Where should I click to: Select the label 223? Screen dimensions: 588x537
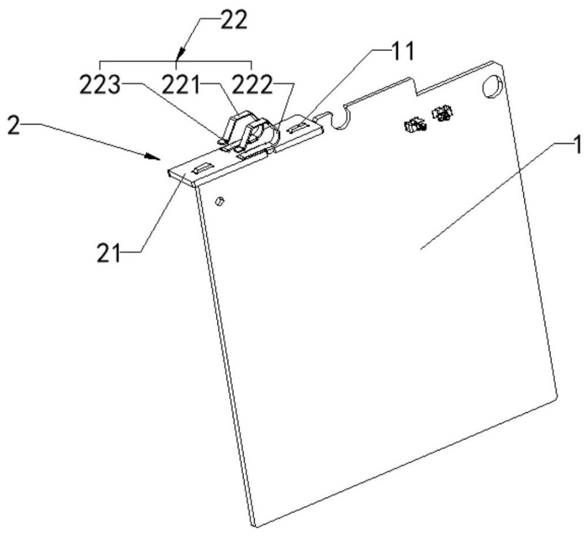click(100, 85)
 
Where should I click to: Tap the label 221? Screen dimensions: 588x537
click(181, 85)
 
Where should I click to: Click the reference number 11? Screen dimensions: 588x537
click(402, 51)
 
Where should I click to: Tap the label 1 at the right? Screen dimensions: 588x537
click(577, 145)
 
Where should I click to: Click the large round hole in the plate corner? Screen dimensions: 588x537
click(492, 88)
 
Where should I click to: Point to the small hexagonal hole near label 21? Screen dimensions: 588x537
click(219, 201)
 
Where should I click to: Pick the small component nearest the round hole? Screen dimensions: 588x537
click(443, 113)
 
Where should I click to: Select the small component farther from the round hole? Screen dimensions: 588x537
click(415, 125)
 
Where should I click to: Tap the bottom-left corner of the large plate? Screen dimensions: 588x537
click(256, 526)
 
